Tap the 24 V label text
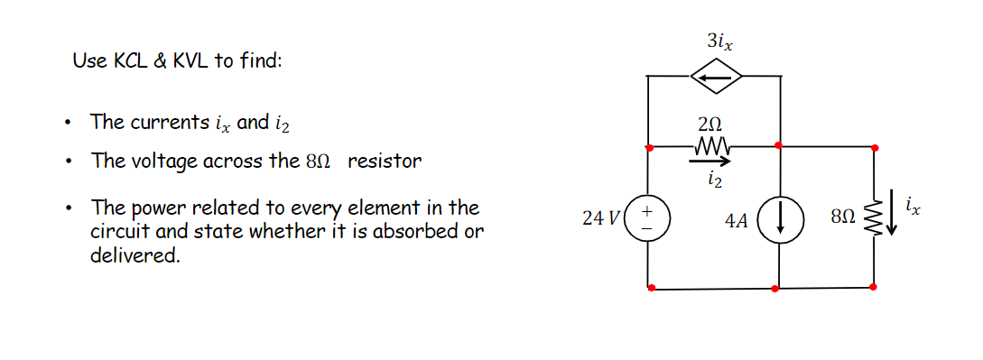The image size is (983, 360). (x=601, y=218)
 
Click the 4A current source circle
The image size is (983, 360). (x=779, y=219)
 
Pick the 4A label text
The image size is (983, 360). (x=737, y=220)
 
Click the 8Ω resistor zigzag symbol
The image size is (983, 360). (x=872, y=217)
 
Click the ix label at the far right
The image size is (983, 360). (x=913, y=208)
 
